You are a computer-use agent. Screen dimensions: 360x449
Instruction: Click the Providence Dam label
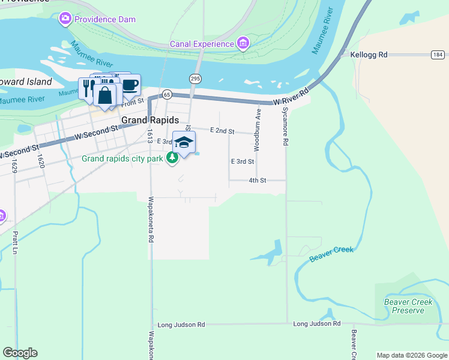point(105,19)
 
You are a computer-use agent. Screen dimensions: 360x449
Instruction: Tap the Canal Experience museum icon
point(243,43)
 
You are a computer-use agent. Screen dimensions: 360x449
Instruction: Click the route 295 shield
point(195,79)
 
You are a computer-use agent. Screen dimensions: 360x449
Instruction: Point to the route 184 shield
point(437,55)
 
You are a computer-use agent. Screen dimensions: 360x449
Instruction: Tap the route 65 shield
point(167,94)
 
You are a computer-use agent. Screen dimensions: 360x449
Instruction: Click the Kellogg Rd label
point(369,55)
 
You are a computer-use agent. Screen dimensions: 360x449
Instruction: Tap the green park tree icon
point(173,158)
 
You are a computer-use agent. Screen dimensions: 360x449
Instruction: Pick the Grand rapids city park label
point(122,159)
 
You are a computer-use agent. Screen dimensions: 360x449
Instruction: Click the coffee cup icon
point(130,85)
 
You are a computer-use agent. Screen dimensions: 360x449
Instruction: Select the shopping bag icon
point(104,96)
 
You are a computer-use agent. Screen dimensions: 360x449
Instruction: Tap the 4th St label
point(257,180)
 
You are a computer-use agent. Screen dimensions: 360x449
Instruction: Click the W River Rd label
point(291,98)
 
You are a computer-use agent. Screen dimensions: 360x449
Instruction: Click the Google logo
point(20,353)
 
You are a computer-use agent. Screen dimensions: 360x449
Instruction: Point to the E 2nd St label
point(222,130)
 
